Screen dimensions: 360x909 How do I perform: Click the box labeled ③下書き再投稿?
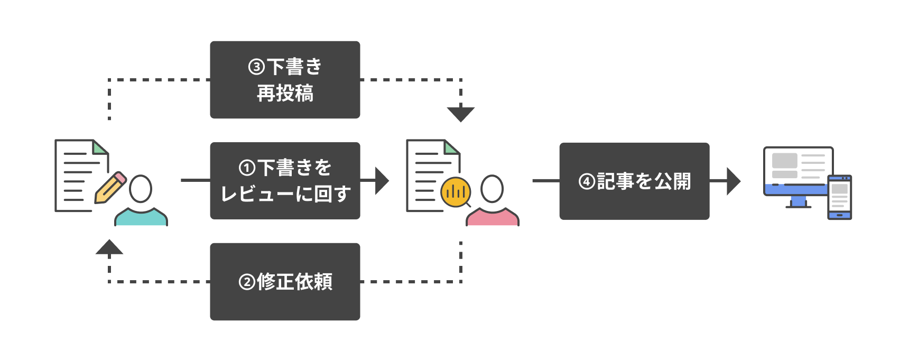click(x=285, y=80)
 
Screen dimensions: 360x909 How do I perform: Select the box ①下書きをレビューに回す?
click(x=285, y=181)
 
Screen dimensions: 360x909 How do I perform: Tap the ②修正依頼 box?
click(x=285, y=282)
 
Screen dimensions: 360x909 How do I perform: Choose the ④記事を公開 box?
click(x=634, y=181)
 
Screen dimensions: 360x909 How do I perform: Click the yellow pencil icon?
click(x=110, y=188)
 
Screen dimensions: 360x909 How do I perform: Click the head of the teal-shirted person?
click(x=141, y=189)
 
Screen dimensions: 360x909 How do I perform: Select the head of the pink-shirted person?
click(x=492, y=189)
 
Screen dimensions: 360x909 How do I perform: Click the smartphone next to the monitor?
click(x=839, y=197)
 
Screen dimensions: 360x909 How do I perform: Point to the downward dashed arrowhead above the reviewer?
click(x=461, y=114)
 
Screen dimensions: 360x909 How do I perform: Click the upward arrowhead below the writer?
click(x=109, y=247)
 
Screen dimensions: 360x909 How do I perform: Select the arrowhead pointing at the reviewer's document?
click(x=382, y=181)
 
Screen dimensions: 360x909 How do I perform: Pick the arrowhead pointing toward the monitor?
click(x=733, y=181)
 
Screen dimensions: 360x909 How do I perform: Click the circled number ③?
click(x=256, y=67)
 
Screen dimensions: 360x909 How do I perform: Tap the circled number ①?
click(x=247, y=168)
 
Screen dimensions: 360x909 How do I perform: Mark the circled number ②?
click(x=247, y=282)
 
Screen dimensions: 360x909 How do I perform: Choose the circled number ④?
click(x=587, y=182)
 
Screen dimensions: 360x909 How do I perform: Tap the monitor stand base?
click(x=798, y=206)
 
